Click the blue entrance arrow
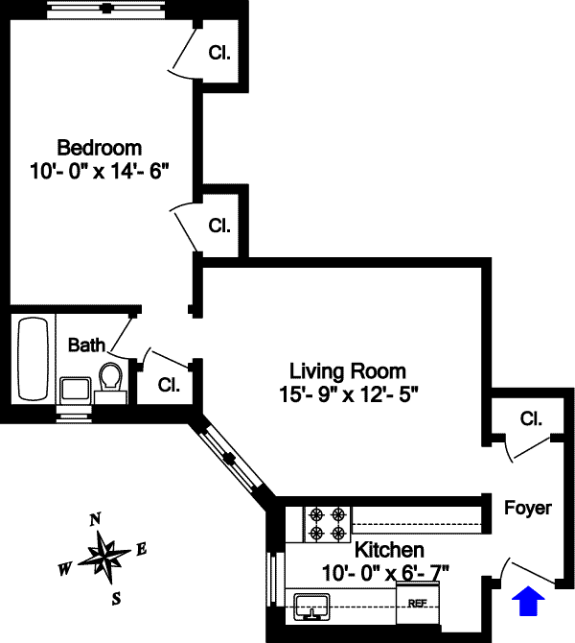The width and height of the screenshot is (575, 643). [x=528, y=601]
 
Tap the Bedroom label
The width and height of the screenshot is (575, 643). [x=100, y=148]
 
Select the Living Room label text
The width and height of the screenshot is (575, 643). [x=348, y=371]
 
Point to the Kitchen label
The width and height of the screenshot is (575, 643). [x=389, y=550]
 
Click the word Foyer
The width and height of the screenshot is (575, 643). [x=528, y=508]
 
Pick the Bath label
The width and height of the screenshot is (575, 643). [x=86, y=345]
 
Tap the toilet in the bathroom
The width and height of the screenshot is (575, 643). [x=110, y=376]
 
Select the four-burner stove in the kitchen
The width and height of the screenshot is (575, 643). [x=327, y=525]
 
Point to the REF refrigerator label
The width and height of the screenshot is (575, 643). [x=417, y=604]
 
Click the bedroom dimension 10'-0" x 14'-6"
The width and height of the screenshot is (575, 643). [x=100, y=171]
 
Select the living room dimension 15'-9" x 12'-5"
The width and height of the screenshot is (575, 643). [x=349, y=394]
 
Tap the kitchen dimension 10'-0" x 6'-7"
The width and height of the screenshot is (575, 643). [x=385, y=573]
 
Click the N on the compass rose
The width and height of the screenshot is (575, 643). [x=95, y=520]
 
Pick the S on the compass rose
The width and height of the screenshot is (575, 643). [x=117, y=599]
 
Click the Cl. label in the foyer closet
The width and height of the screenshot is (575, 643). [x=531, y=418]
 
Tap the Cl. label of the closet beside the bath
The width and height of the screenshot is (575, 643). [x=169, y=385]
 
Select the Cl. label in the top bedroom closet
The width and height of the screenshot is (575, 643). [x=219, y=53]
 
